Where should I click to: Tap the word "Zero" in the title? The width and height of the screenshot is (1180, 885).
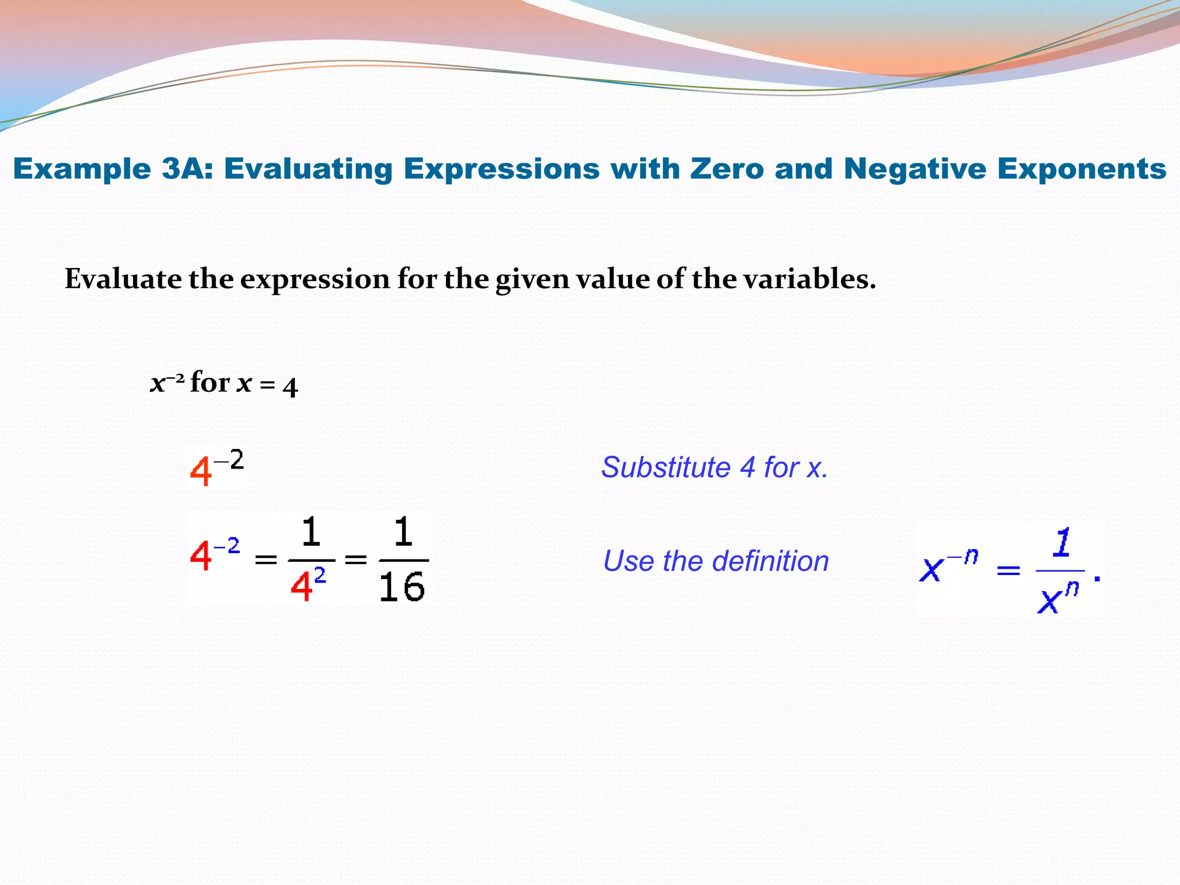[727, 169]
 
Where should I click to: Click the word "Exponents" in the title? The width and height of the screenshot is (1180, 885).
[1081, 169]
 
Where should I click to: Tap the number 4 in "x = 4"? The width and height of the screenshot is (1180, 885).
[290, 387]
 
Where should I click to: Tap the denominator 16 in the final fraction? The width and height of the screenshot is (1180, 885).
[402, 588]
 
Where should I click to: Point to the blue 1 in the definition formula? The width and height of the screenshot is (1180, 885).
[1062, 543]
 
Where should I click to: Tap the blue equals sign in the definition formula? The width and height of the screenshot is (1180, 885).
[1008, 571]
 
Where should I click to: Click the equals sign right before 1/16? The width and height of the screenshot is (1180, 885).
[355, 559]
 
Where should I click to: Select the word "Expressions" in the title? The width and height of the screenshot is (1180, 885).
[501, 169]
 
